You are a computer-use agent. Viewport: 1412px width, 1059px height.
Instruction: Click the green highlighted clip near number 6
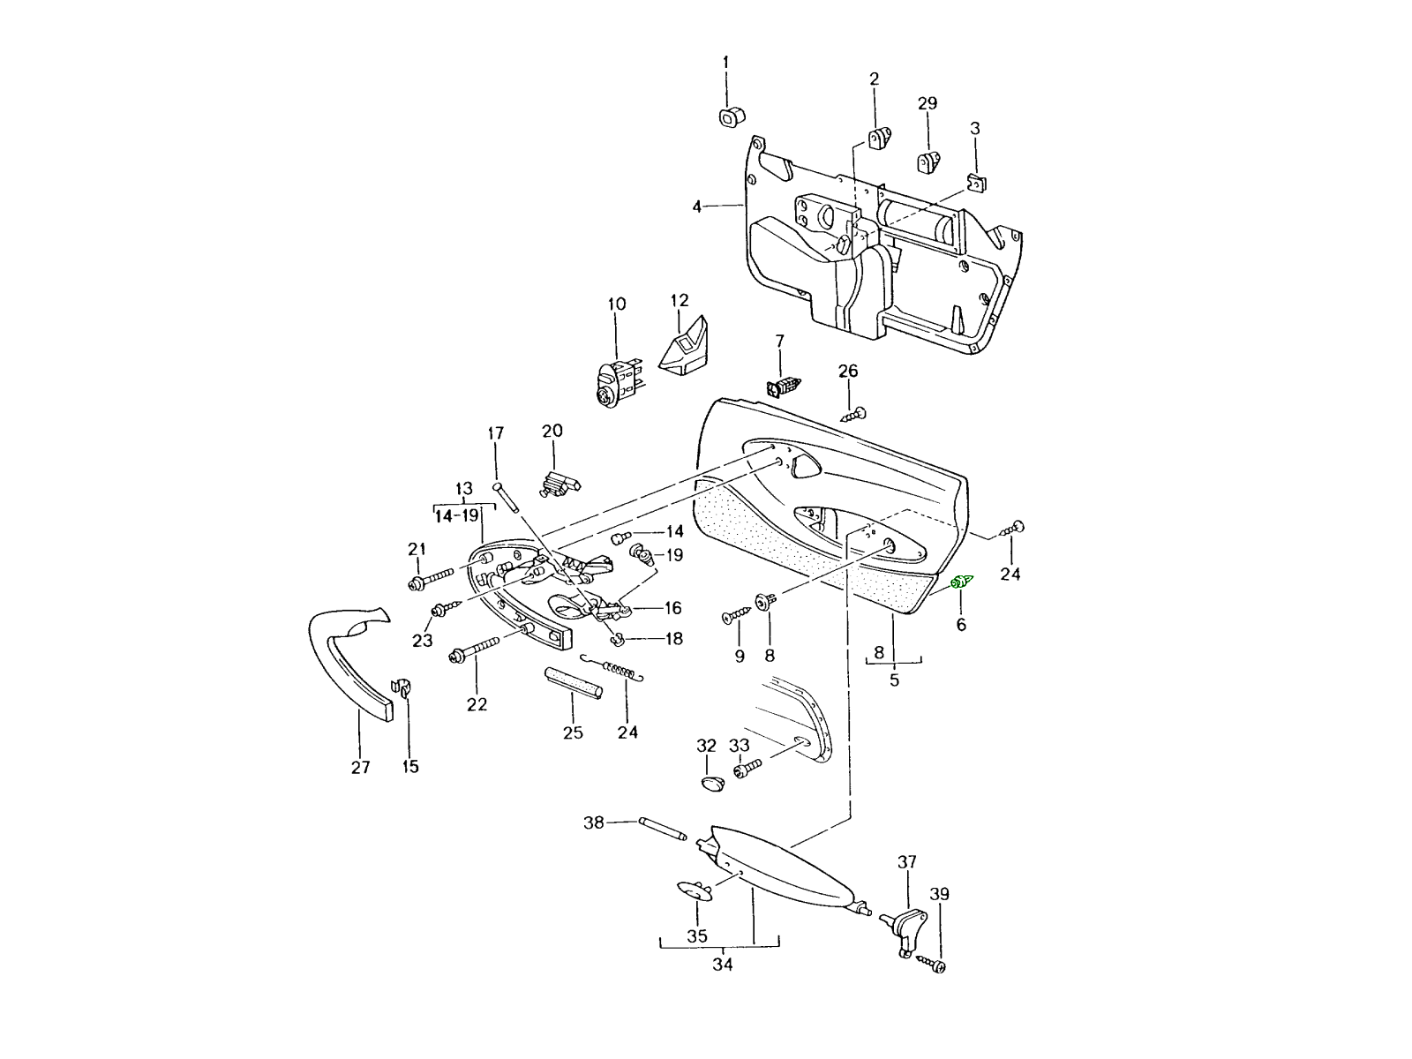(962, 582)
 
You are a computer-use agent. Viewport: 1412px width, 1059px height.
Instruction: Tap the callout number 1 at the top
(726, 62)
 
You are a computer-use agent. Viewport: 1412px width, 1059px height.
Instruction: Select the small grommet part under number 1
(729, 116)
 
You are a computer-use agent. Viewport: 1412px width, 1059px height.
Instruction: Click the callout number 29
(927, 103)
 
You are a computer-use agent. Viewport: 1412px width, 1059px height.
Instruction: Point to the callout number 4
(697, 207)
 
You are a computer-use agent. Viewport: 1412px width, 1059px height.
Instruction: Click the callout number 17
(495, 433)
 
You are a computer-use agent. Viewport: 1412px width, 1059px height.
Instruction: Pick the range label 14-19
(456, 515)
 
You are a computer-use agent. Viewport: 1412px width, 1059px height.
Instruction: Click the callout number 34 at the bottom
(722, 965)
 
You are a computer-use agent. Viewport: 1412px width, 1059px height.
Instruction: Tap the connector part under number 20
(558, 483)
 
